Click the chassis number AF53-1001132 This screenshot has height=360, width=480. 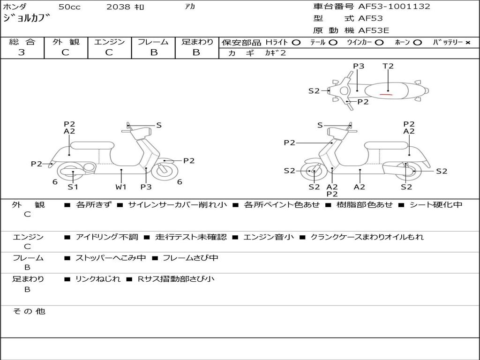(394, 7)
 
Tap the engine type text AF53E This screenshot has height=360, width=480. (374, 30)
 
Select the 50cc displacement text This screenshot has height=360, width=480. (69, 7)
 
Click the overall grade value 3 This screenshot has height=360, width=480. (22, 52)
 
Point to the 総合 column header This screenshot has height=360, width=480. (22, 42)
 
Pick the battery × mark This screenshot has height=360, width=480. (468, 43)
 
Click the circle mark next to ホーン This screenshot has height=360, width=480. (418, 43)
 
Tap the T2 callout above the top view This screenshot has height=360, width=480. (388, 66)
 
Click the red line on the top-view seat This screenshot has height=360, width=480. (386, 95)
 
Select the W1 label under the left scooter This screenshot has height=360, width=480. (121, 187)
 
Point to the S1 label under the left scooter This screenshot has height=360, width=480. (73, 187)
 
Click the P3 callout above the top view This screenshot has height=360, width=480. (359, 66)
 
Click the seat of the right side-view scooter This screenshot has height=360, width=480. (387, 145)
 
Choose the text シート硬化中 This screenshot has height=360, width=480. (436, 204)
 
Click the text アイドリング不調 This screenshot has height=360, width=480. (107, 237)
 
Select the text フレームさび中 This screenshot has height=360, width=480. (190, 258)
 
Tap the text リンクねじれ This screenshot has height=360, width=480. (98, 279)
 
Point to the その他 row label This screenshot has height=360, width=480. (29, 311)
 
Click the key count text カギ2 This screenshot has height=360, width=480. (275, 53)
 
